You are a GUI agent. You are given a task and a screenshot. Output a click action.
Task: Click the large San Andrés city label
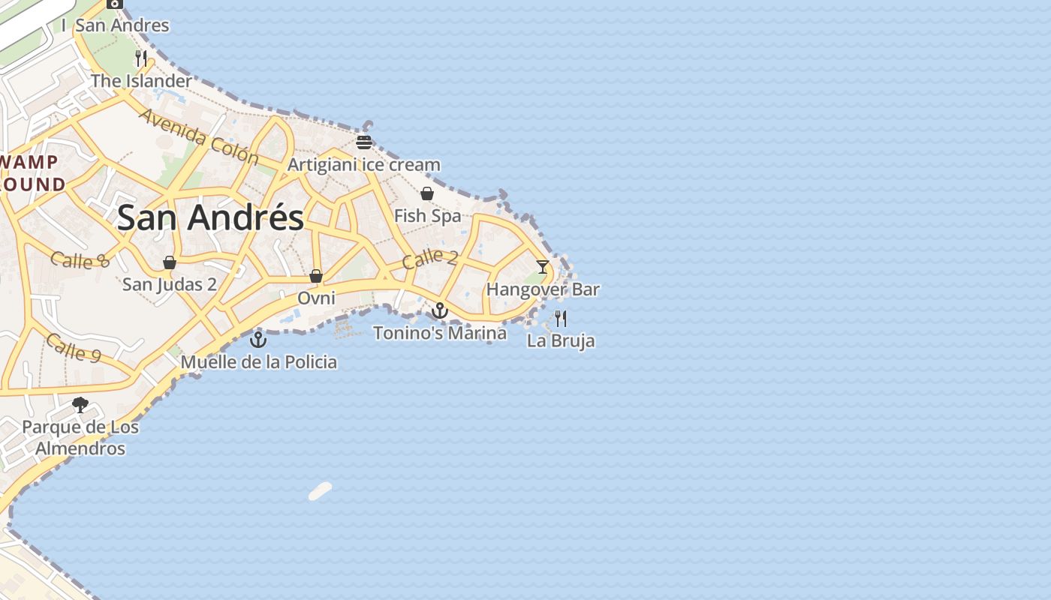(x=210, y=217)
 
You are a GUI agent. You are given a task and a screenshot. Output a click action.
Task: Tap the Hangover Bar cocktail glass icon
(x=543, y=266)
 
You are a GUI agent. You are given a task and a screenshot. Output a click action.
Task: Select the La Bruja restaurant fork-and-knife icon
(x=561, y=318)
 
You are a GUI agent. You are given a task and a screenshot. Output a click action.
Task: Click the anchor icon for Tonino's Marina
(x=440, y=310)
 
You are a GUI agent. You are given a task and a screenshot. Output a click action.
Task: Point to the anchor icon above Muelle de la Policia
(x=258, y=339)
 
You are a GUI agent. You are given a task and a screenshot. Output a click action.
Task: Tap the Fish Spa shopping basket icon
(x=427, y=193)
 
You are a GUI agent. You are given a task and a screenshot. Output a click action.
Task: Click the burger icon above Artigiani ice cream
(x=364, y=142)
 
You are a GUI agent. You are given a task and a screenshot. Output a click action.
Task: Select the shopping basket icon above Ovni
(x=316, y=276)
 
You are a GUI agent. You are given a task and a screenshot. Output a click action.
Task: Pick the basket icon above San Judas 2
(x=170, y=262)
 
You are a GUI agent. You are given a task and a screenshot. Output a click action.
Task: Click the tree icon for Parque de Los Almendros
(x=80, y=405)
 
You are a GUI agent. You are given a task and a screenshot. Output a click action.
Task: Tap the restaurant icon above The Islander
(x=141, y=58)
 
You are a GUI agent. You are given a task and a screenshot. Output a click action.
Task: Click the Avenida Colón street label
(x=199, y=136)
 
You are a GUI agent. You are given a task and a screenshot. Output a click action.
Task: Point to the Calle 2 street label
(x=429, y=259)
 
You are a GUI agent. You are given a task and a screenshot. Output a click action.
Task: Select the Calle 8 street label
(x=80, y=260)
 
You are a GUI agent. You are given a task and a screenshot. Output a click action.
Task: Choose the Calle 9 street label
(x=74, y=347)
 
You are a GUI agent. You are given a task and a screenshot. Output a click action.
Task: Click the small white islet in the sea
(x=320, y=491)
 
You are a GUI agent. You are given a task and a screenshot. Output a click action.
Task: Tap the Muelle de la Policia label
(x=259, y=362)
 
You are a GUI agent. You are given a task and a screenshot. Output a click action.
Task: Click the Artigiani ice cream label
(x=364, y=165)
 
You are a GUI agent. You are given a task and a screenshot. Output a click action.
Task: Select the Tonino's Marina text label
(x=440, y=333)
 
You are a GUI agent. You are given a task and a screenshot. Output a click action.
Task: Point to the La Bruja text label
(x=561, y=340)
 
